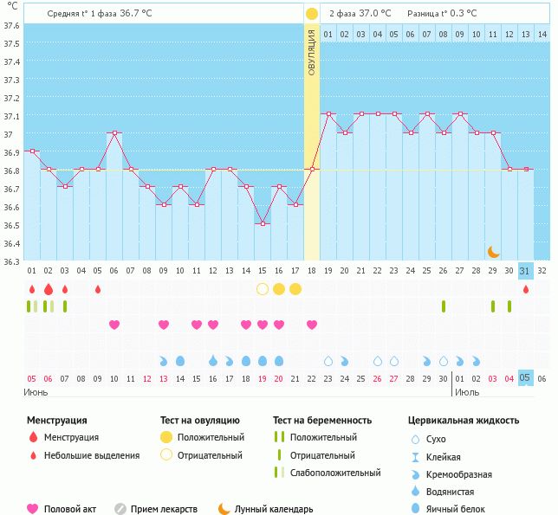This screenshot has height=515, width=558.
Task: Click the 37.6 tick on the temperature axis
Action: tap(12, 25)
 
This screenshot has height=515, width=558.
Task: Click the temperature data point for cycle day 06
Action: tap(114, 133)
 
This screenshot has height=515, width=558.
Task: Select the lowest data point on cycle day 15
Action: tap(262, 224)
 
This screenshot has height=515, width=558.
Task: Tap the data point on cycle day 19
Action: tap(328, 114)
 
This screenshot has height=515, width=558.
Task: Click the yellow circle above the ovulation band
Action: tap(311, 14)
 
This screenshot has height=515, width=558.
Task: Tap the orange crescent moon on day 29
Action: tap(493, 251)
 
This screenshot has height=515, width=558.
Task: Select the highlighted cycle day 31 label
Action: tap(525, 270)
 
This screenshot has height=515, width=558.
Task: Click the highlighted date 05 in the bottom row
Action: tap(525, 378)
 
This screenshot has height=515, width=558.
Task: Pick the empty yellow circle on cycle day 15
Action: tap(262, 288)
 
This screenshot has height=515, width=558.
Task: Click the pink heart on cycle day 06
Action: tap(114, 325)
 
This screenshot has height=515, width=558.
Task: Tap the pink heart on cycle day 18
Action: tap(311, 325)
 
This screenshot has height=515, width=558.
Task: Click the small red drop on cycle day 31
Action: tap(525, 288)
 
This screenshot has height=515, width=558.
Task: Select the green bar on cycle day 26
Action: tap(444, 306)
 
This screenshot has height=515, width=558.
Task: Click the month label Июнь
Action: tap(36, 392)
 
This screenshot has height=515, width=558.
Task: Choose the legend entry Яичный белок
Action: tap(456, 509)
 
